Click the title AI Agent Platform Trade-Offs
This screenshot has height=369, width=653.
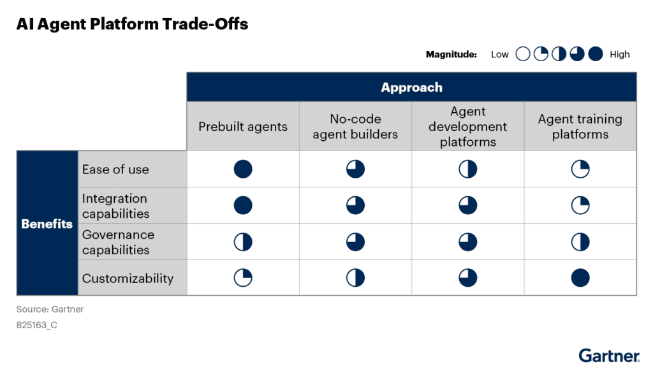point(132,25)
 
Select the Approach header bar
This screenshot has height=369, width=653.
point(411,87)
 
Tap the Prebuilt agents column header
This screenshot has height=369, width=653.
point(243,126)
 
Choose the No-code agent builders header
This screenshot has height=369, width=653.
point(355,126)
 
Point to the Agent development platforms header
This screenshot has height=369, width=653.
point(467,126)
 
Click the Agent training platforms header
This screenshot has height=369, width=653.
point(580,126)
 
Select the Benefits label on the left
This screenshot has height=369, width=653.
point(47,224)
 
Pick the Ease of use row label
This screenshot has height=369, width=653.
point(115,170)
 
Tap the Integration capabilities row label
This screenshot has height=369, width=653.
point(115,206)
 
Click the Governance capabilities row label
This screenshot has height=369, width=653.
point(118,242)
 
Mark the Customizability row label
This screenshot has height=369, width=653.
point(128,278)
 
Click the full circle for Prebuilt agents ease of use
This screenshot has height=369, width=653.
point(243,169)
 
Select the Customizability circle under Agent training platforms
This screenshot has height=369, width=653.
point(580,278)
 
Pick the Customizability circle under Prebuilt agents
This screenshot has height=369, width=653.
point(243,278)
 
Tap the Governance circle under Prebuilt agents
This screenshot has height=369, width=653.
point(243,242)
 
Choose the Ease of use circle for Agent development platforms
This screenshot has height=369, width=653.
point(468,169)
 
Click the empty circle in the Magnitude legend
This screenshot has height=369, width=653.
point(523,54)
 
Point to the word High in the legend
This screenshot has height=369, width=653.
point(619,54)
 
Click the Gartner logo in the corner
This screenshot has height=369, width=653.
point(609,355)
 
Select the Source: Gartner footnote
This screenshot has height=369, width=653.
point(50,309)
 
